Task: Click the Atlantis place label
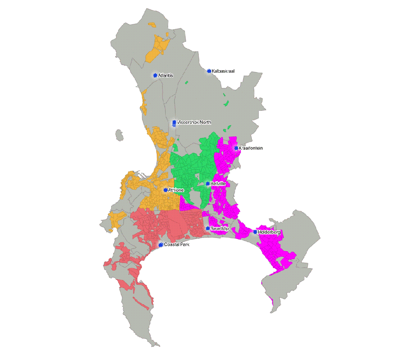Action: tap(166, 76)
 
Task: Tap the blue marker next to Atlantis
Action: tap(155, 76)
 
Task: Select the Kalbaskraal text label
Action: tap(223, 71)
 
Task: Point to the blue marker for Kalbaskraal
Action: tap(209, 71)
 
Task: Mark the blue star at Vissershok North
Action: tap(174, 122)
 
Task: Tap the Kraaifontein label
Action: tap(251, 148)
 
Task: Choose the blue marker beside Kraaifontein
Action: tap(236, 148)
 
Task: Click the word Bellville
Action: tap(218, 184)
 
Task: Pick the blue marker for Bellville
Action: tap(208, 184)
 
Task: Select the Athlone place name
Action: tap(176, 190)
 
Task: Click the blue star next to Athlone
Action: tap(165, 190)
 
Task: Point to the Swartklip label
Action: tap(219, 229)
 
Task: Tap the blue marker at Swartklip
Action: tap(208, 229)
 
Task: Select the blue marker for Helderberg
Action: tap(255, 232)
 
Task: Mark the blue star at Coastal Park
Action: tap(161, 245)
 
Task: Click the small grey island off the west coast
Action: tap(119, 135)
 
